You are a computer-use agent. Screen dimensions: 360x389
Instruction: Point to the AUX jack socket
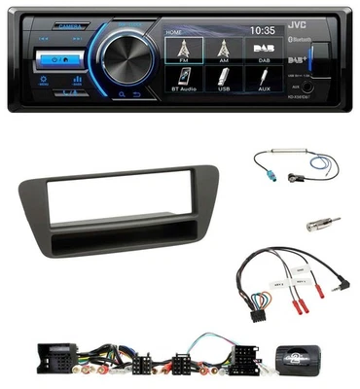click(x=310, y=88)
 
